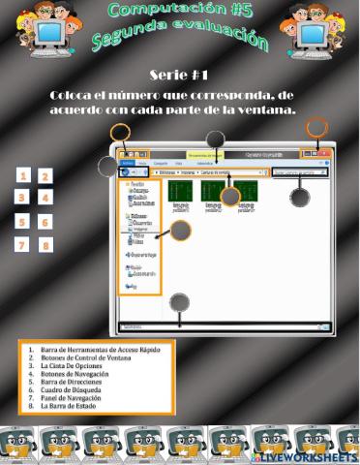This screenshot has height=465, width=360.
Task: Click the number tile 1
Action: click(x=21, y=175)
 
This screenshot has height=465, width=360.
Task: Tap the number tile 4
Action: click(x=45, y=198)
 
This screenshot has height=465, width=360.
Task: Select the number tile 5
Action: click(x=21, y=221)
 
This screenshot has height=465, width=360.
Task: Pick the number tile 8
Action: click(x=45, y=245)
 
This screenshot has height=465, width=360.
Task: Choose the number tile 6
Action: click(x=45, y=222)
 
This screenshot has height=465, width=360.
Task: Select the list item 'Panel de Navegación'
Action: click(x=72, y=397)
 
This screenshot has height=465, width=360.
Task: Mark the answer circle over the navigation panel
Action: click(x=181, y=231)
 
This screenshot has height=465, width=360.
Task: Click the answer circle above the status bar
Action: click(x=180, y=301)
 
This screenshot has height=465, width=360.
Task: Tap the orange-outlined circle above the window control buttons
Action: click(x=316, y=127)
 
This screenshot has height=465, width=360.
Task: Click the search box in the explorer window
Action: click(x=301, y=172)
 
